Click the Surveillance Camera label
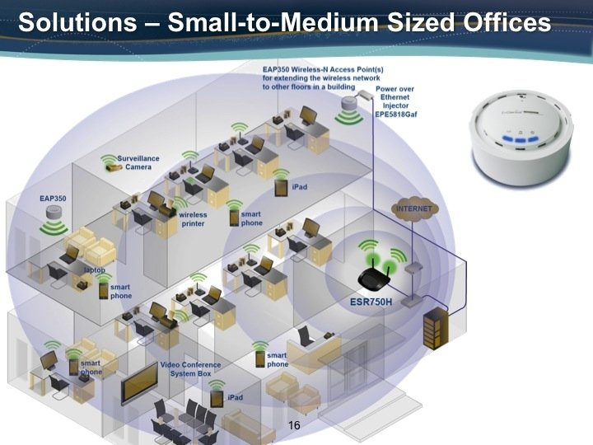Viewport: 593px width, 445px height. coord(138,162)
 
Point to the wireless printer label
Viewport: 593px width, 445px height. coord(194,219)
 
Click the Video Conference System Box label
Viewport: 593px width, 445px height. coord(190,369)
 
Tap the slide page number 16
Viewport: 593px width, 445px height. coord(295,425)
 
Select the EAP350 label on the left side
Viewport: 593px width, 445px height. coord(54,199)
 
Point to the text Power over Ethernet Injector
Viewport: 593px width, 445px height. coord(394,102)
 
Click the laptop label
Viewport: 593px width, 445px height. coord(94,269)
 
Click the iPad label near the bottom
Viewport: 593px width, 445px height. coord(236,398)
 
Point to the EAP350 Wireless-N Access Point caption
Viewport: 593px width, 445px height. coord(309,78)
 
